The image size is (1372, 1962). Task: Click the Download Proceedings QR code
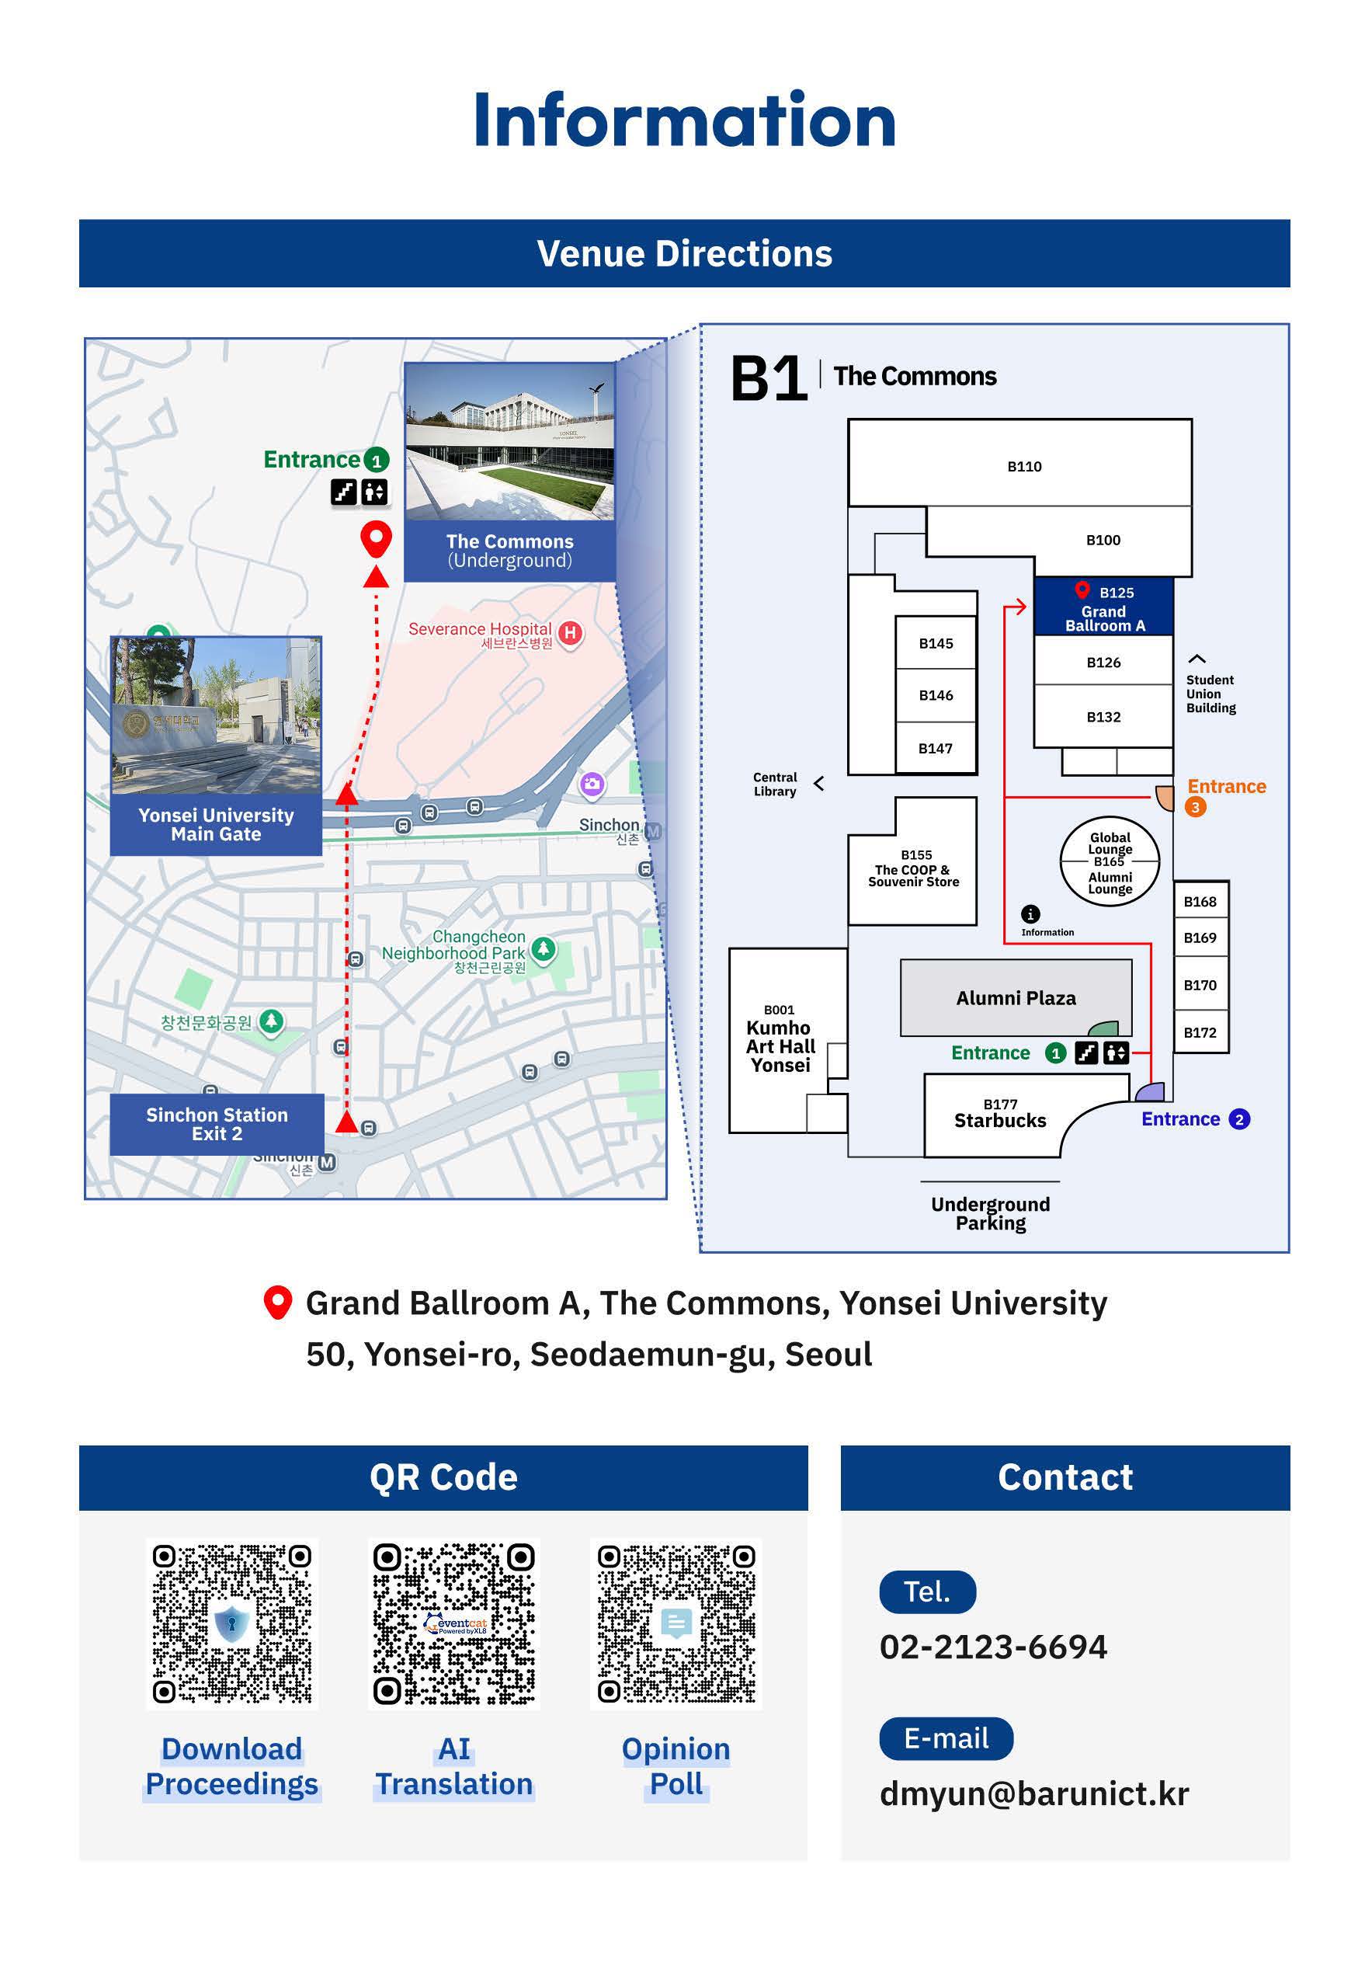point(231,1623)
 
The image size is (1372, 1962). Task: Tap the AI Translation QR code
point(453,1623)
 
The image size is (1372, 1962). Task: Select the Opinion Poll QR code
point(676,1623)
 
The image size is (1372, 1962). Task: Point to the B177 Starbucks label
point(999,1115)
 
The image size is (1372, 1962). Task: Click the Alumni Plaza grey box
point(1015,997)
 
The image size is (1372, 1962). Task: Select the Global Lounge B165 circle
point(1110,862)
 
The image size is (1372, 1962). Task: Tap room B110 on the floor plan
point(1023,466)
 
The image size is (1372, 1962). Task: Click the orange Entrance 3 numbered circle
point(1195,807)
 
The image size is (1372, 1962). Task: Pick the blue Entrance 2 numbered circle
point(1238,1119)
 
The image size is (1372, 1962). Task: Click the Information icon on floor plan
point(1031,913)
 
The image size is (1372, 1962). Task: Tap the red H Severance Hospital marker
point(571,633)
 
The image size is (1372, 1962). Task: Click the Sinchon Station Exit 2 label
point(217,1124)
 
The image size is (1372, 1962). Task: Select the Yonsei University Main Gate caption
point(216,824)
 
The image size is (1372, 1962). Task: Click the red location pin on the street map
point(376,539)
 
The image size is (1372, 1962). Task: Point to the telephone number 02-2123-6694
point(992,1647)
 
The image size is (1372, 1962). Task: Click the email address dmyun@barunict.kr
point(1033,1793)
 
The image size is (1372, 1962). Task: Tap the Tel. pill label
point(927,1592)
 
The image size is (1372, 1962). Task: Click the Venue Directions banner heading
point(684,254)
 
